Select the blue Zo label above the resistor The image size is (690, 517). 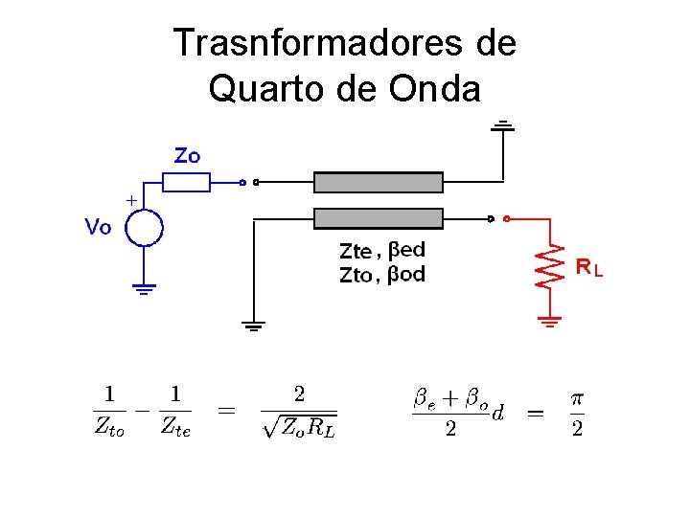pyautogui.click(x=187, y=155)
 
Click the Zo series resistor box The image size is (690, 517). pyautogui.click(x=185, y=182)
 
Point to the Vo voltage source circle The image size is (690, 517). pyautogui.click(x=144, y=228)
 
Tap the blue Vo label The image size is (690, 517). pyautogui.click(x=99, y=228)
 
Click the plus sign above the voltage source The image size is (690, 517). pyautogui.click(x=130, y=200)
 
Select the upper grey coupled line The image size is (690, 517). pyautogui.click(x=379, y=183)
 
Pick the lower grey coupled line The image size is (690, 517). pyautogui.click(x=379, y=218)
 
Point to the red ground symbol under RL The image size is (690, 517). pyautogui.click(x=549, y=321)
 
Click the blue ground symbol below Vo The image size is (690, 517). pyautogui.click(x=144, y=288)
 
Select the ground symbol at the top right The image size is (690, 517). pyautogui.click(x=502, y=125)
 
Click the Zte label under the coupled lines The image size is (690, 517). pyautogui.click(x=356, y=252)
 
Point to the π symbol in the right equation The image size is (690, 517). pyautogui.click(x=576, y=397)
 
